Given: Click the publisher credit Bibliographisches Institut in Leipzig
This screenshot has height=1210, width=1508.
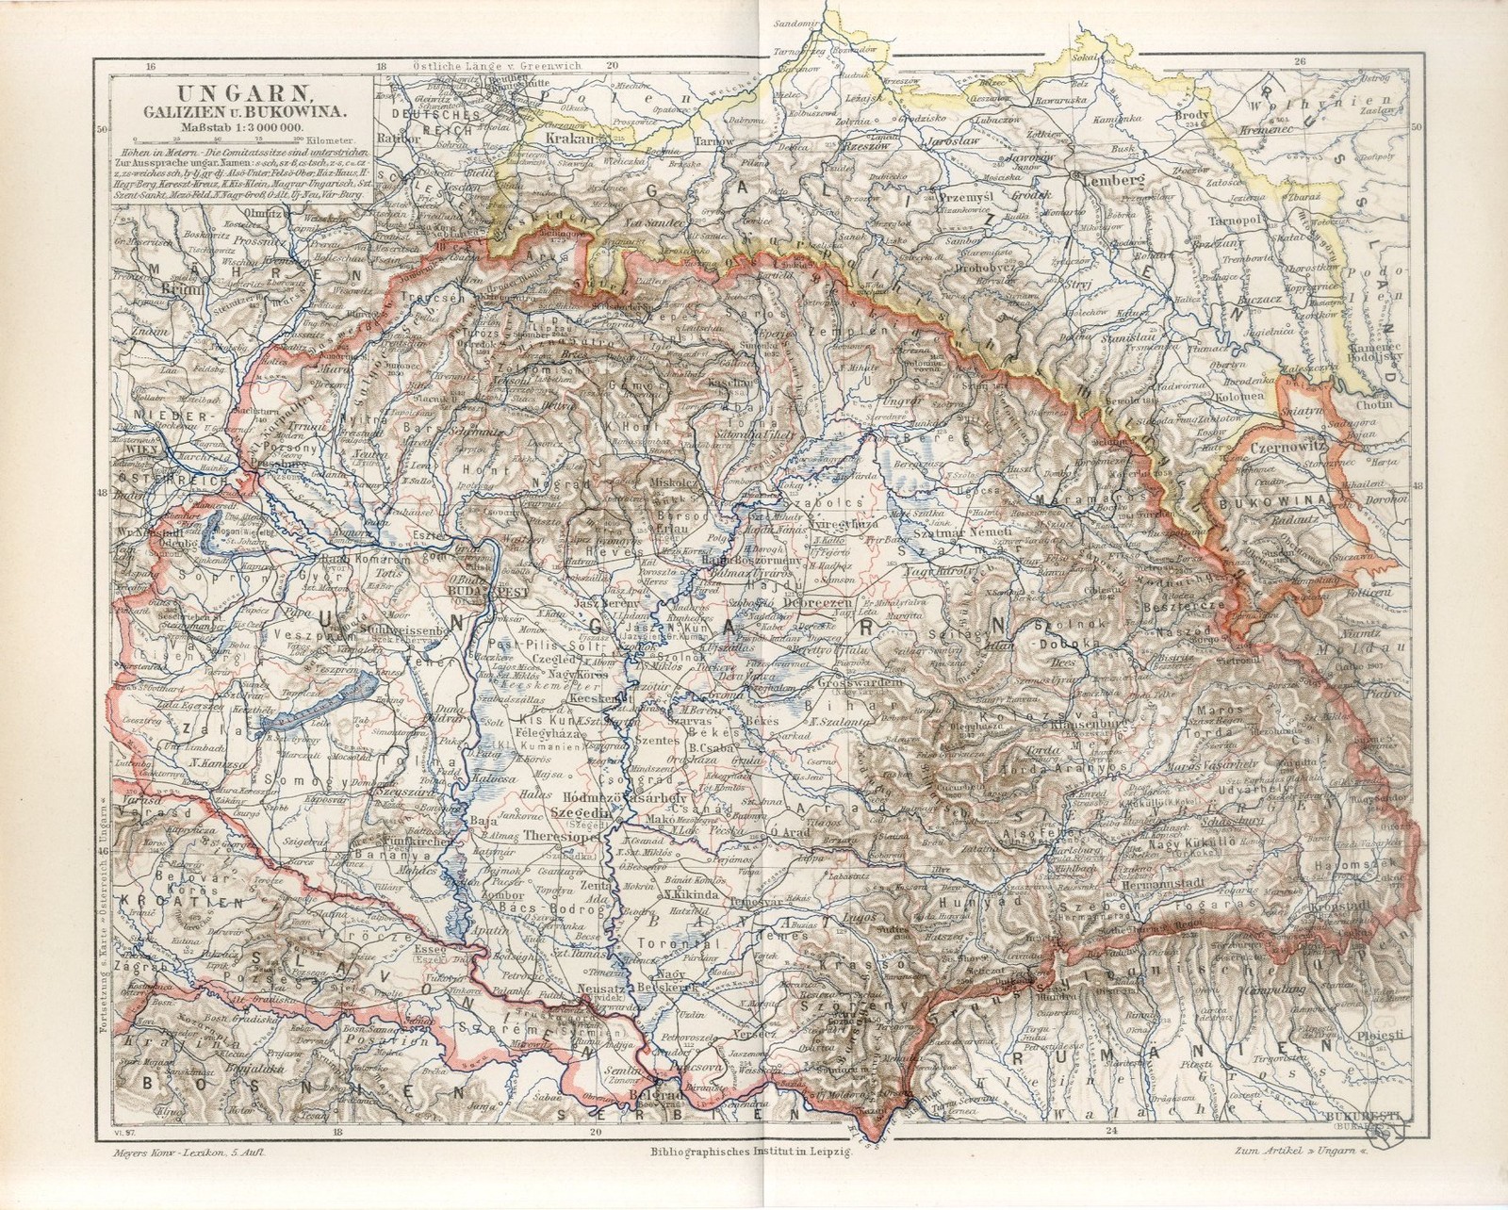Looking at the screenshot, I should [x=751, y=1152].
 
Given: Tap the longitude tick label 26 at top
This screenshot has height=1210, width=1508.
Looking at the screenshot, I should [x=1302, y=62].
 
